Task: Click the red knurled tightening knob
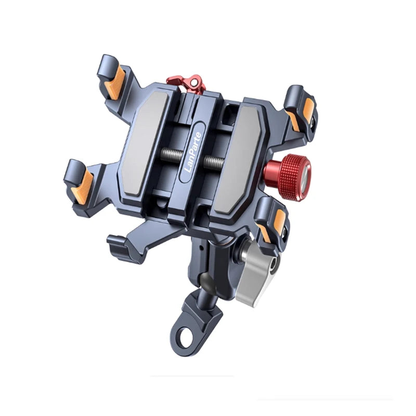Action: tap(288, 176)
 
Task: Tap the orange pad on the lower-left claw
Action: tap(81, 187)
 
